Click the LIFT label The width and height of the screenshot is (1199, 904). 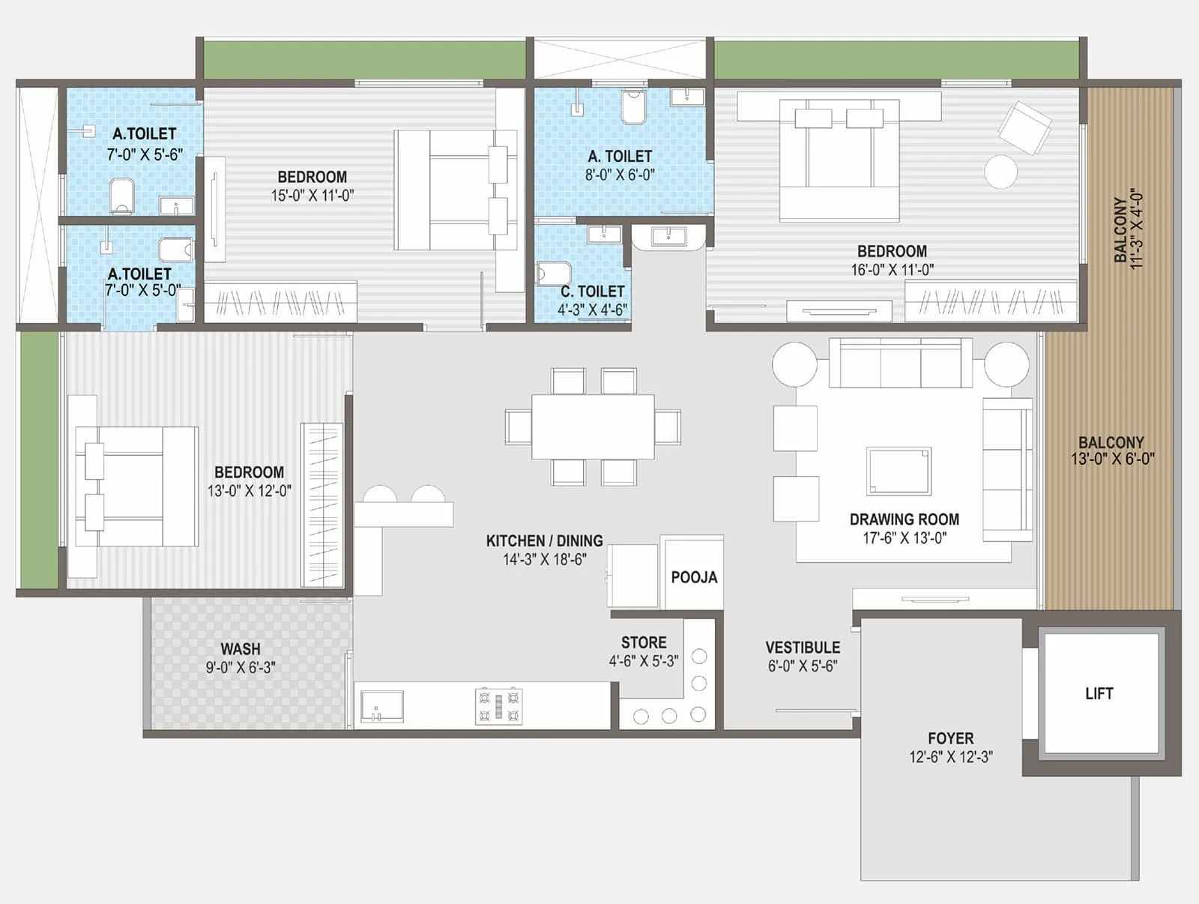point(1099,693)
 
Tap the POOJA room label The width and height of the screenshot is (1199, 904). point(694,577)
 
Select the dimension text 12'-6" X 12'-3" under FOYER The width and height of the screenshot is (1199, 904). point(950,757)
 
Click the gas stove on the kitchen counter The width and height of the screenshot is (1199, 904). point(499,706)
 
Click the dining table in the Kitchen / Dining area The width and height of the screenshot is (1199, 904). point(593,427)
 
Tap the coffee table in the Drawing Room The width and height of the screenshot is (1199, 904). point(899,471)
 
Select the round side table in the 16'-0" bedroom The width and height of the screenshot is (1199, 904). point(1000,172)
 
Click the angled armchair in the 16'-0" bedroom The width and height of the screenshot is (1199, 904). point(1024,128)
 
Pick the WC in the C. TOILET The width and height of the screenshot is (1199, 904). point(553,273)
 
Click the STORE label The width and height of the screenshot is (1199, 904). point(644,642)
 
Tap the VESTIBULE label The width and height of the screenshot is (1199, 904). point(803,647)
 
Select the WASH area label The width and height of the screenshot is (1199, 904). point(240,648)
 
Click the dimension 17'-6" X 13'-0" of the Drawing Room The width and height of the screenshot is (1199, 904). point(904,537)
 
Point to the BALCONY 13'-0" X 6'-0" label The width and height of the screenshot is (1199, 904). point(1111,450)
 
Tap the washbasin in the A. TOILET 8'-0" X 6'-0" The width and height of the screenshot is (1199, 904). point(687,97)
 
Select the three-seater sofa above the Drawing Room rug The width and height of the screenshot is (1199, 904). point(900,364)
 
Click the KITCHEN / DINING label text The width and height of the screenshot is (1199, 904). point(544,540)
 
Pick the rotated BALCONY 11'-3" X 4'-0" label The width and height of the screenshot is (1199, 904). point(1128,228)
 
